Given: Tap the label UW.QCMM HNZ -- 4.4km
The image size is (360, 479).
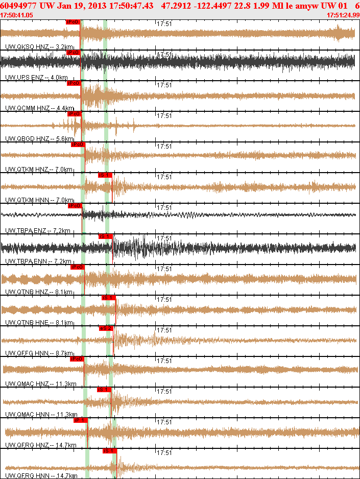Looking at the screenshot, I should [40, 108].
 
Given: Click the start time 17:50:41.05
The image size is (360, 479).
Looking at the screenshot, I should [17, 15].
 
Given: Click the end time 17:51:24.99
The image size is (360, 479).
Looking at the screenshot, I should [343, 15].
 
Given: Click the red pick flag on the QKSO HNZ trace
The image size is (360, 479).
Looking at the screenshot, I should [73, 22].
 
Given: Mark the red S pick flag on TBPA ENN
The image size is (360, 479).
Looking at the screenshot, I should [105, 236].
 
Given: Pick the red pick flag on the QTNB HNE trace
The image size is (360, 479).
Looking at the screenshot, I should [108, 297].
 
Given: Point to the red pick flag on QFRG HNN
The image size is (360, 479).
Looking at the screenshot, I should [110, 450].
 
